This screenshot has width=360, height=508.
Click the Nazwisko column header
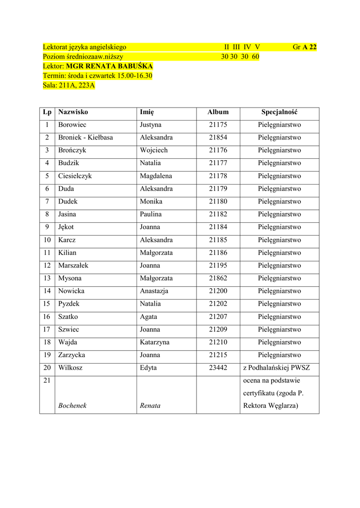pos(73,112)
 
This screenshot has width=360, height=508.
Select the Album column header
pos(218,112)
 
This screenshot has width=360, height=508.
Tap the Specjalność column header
pos(279,112)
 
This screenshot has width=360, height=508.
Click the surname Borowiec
pos(72,125)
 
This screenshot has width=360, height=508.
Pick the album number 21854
pos(218,138)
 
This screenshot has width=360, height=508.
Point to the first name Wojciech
pos(154,150)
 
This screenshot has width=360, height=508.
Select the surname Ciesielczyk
pos(75,176)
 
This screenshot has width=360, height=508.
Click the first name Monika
pos(151,202)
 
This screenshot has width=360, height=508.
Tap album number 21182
pos(218,214)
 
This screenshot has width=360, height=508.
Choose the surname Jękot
pos(66,227)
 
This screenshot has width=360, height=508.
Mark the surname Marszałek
pos(73,265)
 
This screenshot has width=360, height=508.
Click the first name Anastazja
pos(156,291)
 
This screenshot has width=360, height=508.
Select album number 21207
pos(218,317)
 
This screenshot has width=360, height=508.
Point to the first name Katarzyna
pos(154,342)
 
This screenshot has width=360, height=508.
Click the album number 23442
pos(218,368)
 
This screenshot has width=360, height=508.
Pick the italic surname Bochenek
pos(72,406)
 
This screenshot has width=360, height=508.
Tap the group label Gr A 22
pos(304,47)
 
